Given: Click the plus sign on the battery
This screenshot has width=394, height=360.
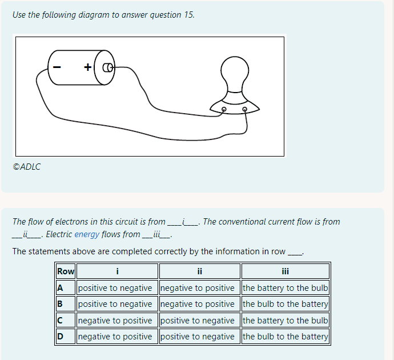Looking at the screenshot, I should click(x=88, y=67).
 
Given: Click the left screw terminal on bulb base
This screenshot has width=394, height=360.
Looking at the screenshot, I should click(x=224, y=108).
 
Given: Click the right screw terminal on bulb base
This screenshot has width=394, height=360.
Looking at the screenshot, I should click(x=246, y=108).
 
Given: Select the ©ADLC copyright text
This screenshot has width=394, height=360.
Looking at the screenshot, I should click(x=27, y=167).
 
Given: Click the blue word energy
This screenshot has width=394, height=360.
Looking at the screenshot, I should click(x=87, y=234).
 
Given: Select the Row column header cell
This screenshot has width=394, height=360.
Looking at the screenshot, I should click(x=66, y=271).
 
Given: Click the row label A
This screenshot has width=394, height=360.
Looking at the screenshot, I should click(x=59, y=288).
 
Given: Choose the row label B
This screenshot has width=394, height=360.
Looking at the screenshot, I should click(x=59, y=304).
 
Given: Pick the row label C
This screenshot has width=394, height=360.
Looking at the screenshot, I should click(x=59, y=321).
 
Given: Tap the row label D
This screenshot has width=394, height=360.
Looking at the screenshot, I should click(x=59, y=337).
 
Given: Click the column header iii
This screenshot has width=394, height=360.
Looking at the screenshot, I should click(x=285, y=271).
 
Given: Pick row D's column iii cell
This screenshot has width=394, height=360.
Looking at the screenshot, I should click(x=285, y=337).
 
